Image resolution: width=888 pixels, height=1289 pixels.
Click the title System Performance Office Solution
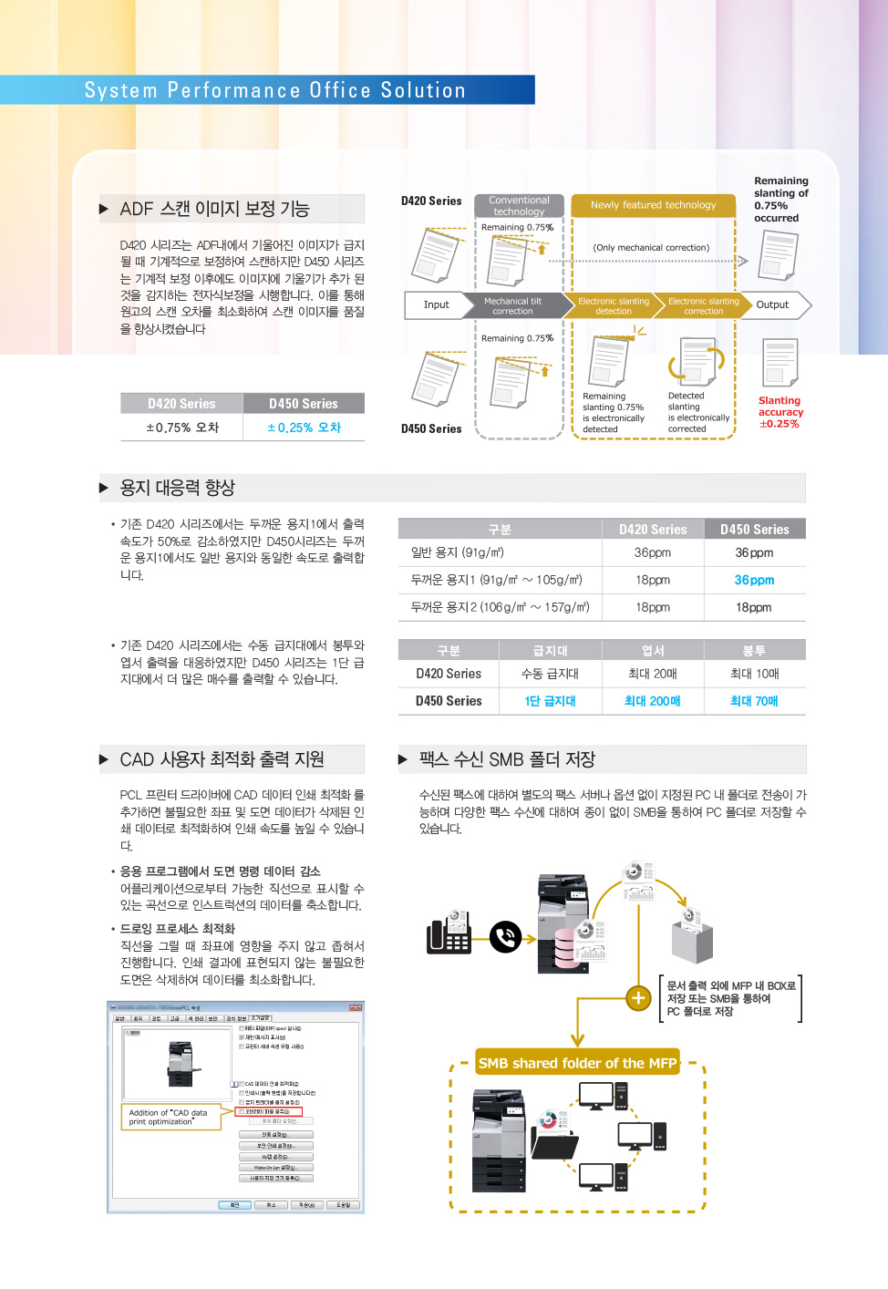274,90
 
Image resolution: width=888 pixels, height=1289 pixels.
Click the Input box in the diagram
436,305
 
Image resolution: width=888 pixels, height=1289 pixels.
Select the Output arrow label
773,305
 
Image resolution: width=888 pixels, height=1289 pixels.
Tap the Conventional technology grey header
519,206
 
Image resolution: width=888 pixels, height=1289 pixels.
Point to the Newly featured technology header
653,205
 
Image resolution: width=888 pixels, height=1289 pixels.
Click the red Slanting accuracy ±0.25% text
780,412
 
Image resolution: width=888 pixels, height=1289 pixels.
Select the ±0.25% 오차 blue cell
304,428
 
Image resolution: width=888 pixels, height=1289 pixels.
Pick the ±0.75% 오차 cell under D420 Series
182,428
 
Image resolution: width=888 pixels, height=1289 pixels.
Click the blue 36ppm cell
754,581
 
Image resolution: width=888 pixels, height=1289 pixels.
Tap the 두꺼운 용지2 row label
500,607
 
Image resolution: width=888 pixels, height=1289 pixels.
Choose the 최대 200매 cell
652,701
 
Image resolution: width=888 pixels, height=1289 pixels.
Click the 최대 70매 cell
754,701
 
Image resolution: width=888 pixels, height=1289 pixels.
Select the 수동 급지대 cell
550,674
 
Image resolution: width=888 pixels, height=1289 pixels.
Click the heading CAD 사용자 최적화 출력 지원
222,759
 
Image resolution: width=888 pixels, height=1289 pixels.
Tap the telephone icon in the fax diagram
449,933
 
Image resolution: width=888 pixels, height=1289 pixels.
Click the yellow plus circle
638,998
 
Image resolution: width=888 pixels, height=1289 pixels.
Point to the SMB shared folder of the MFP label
577,1063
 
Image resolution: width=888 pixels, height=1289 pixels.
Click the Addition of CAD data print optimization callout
170,1117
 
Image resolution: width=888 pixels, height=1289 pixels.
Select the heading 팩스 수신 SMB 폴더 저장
507,759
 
